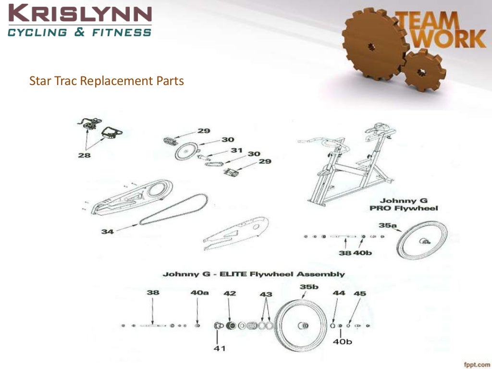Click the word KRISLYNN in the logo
[79, 13]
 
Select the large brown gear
[372, 46]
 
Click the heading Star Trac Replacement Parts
[107, 81]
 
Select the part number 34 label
[108, 231]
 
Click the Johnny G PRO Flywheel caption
[409, 205]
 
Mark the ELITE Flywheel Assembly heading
[253, 274]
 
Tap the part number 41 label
[219, 348]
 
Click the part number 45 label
[359, 293]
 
